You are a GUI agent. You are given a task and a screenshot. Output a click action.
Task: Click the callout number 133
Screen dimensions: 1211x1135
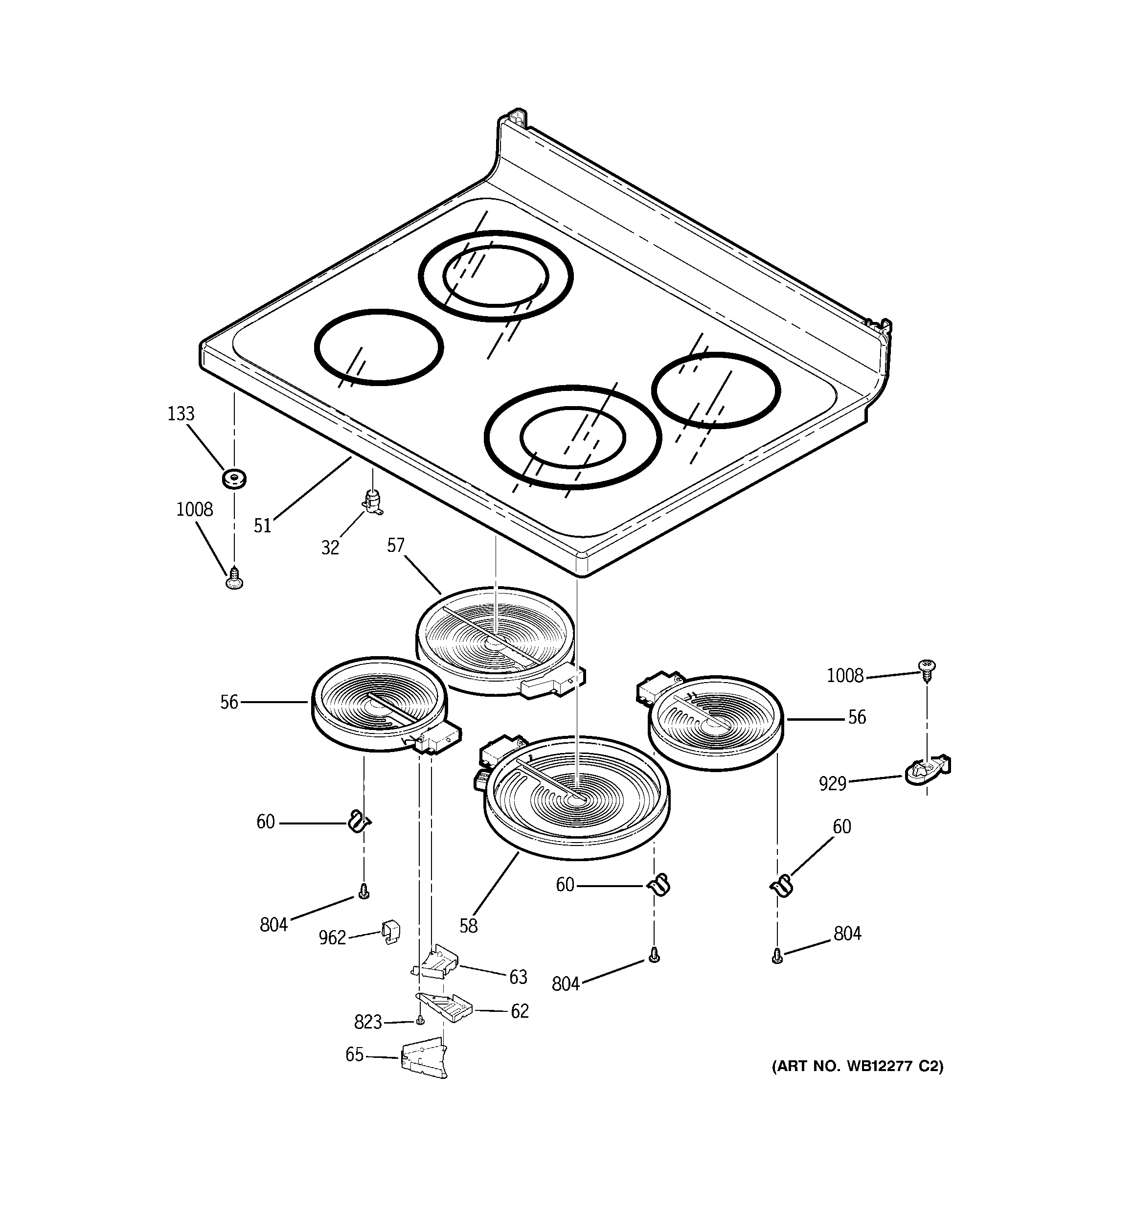click(181, 414)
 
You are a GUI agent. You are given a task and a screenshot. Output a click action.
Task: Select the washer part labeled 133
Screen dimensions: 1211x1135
click(234, 479)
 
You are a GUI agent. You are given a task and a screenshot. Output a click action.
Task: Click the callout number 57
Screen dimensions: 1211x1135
click(395, 545)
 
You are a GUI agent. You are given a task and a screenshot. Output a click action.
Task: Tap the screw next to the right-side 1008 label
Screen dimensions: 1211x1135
click(927, 670)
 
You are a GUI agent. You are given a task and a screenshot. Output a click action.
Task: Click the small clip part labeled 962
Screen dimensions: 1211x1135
click(390, 932)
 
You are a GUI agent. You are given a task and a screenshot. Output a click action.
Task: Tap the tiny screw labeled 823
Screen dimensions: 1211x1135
click(419, 1020)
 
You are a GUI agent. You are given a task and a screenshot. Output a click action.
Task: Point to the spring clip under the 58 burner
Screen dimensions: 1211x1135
click(658, 885)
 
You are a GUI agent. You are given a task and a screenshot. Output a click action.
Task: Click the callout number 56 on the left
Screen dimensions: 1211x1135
click(229, 702)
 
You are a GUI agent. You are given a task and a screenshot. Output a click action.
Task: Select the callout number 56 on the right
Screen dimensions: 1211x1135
click(857, 718)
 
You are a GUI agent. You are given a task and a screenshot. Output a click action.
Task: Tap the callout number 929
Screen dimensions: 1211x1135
click(833, 783)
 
